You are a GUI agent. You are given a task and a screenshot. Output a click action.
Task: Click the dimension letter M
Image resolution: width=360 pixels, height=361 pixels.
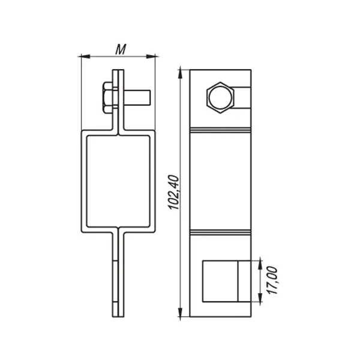click(x=121, y=49)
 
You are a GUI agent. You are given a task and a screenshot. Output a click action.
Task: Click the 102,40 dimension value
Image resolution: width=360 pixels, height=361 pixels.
click(x=174, y=192)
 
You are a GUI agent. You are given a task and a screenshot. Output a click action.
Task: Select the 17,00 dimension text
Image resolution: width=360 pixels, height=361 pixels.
click(x=272, y=280)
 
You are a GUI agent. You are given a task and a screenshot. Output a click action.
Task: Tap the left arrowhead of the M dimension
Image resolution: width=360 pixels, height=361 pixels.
click(x=84, y=56)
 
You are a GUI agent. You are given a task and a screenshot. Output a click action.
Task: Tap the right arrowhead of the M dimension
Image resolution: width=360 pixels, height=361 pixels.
click(x=152, y=56)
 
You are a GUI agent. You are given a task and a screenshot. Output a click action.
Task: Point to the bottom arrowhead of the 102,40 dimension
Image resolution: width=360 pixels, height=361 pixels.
click(x=181, y=314)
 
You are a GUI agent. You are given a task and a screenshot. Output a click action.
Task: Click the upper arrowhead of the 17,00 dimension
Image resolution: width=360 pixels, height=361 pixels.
click(x=260, y=264)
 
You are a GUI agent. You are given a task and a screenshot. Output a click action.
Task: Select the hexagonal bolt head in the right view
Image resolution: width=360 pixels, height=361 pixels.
click(x=220, y=98)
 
